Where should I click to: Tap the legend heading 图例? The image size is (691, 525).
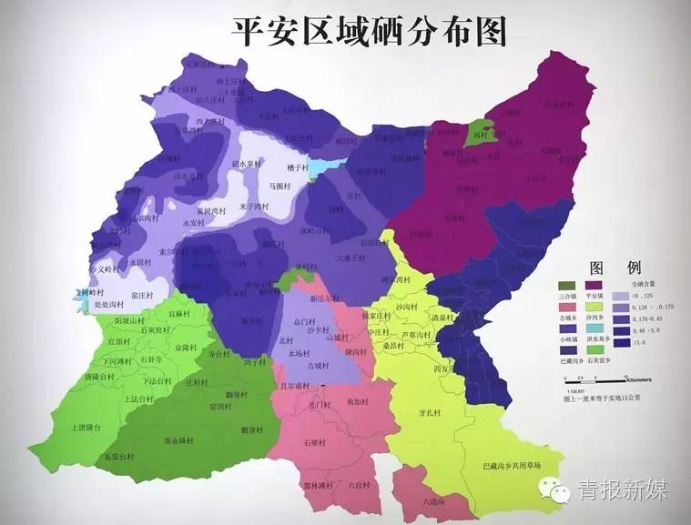click(x=615, y=269)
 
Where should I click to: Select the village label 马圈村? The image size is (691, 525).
click(x=279, y=186)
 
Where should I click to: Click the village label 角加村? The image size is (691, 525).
click(x=357, y=401)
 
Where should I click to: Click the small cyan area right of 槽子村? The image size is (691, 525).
click(x=323, y=168)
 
